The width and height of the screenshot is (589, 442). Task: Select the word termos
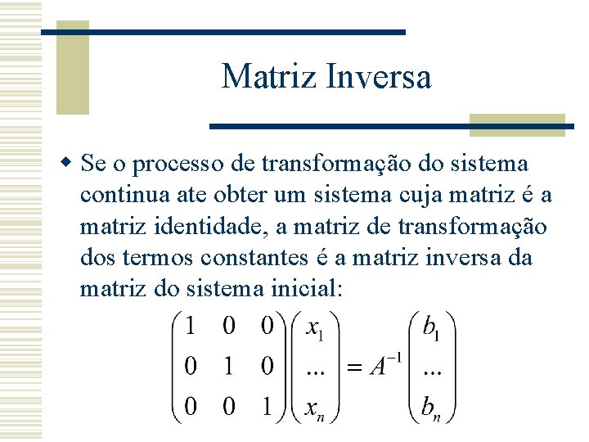154,258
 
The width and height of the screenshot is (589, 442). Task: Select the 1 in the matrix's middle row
228,366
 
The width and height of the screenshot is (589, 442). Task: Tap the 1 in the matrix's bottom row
267,404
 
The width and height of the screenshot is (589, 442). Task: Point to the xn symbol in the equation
314,406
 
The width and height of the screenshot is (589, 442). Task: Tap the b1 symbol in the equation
430,329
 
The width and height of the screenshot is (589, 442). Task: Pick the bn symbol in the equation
432,405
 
